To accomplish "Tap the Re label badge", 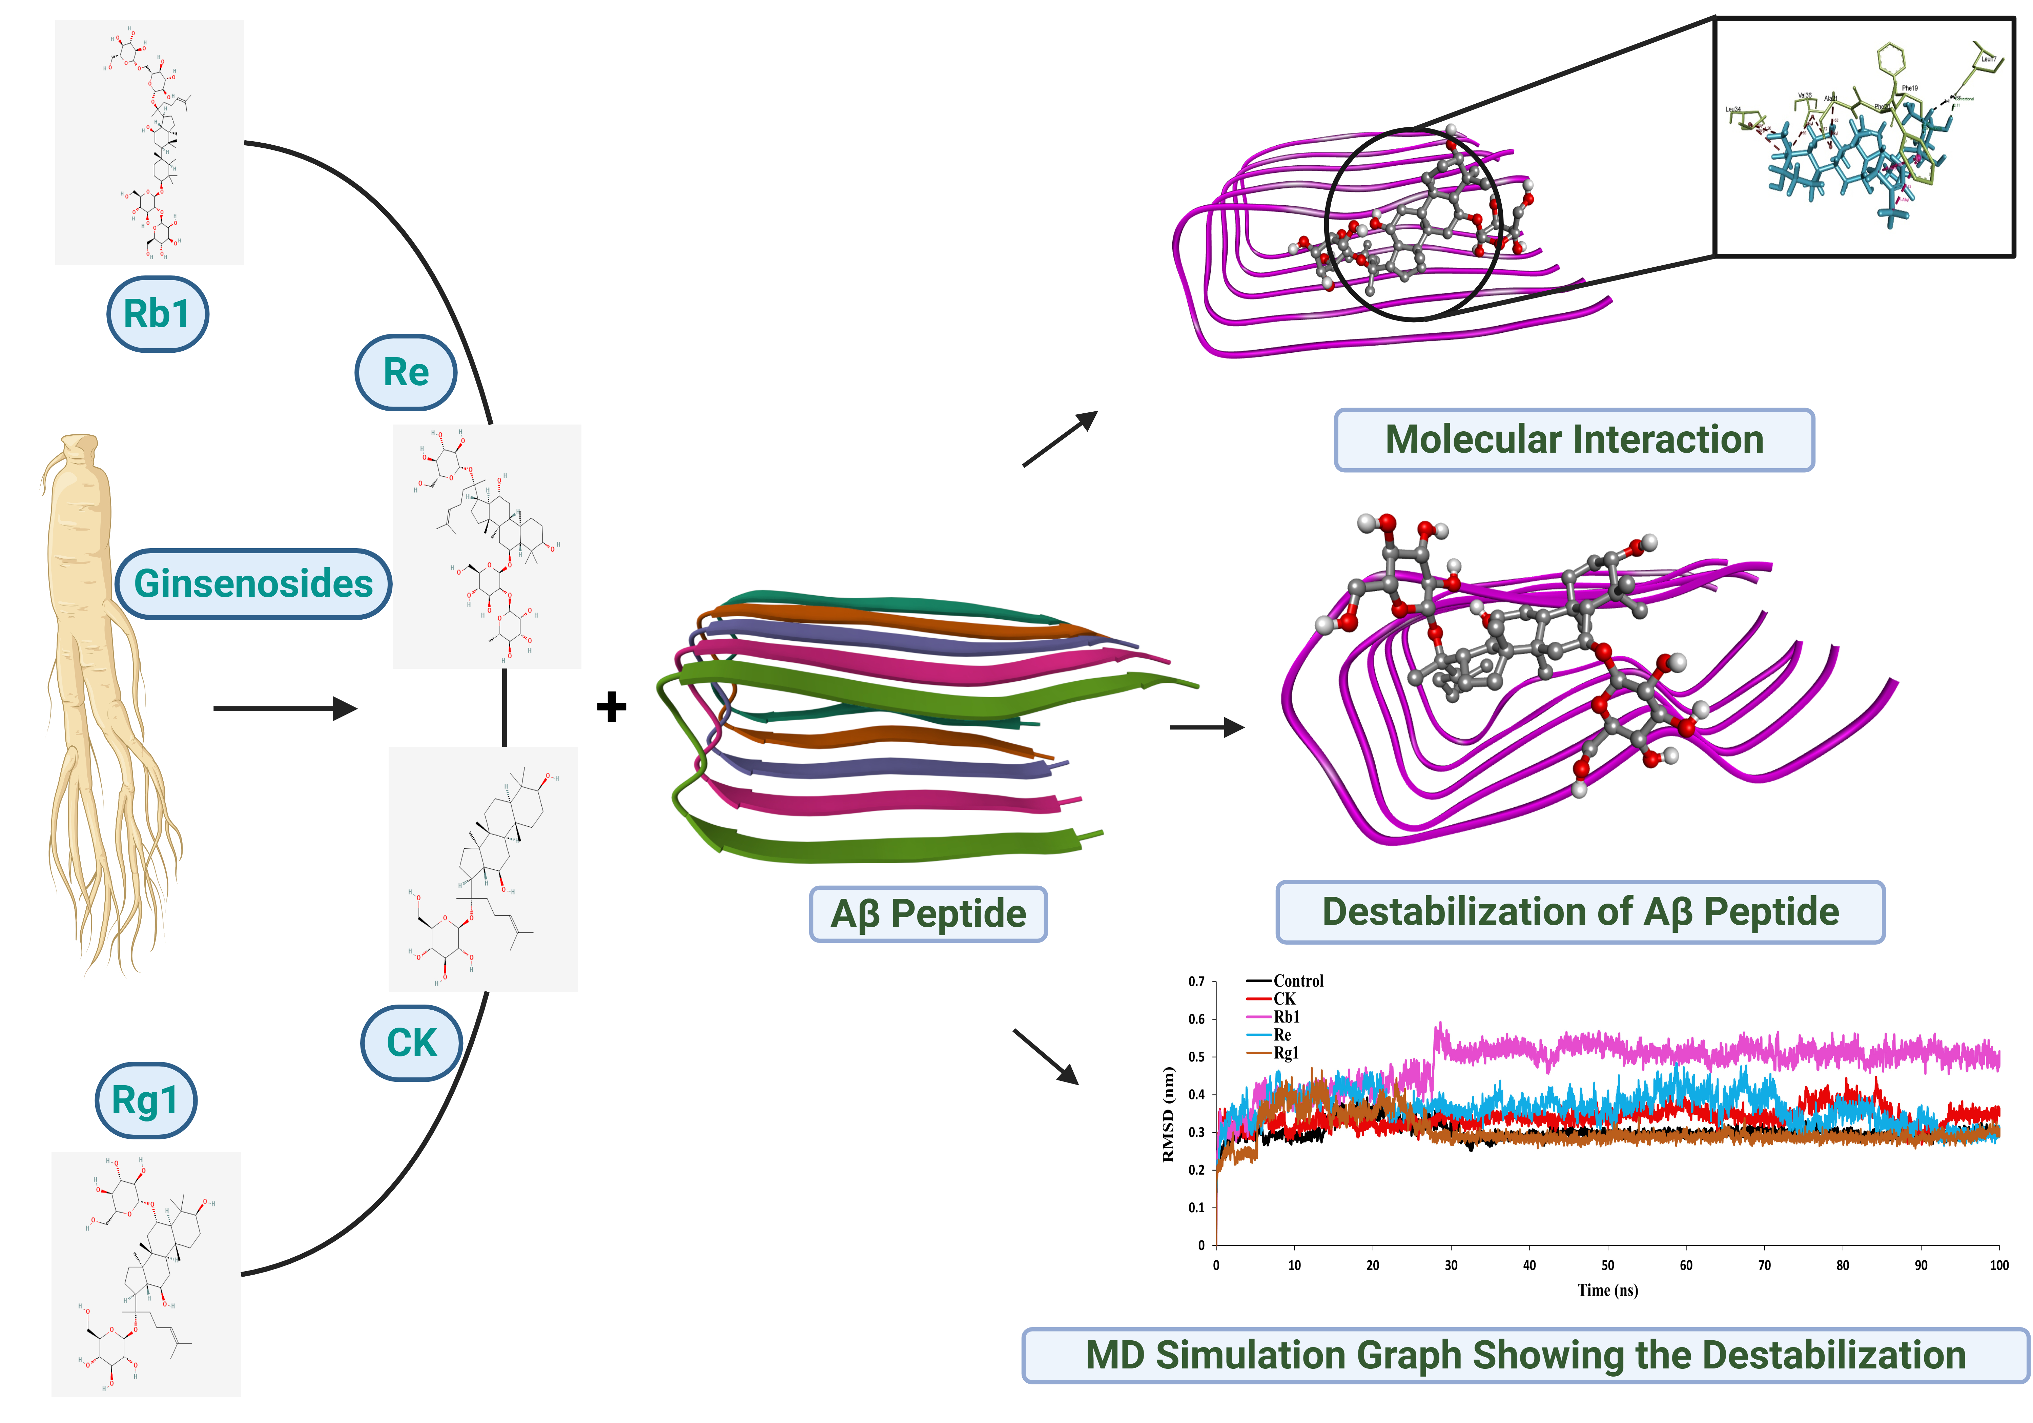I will [x=406, y=372].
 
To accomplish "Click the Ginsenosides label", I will [x=253, y=583].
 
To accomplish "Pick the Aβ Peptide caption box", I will [x=928, y=914].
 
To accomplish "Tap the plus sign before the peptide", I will [x=611, y=707].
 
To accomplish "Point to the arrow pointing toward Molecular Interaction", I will [x=1060, y=438].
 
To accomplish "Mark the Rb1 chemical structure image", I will [x=150, y=142].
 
